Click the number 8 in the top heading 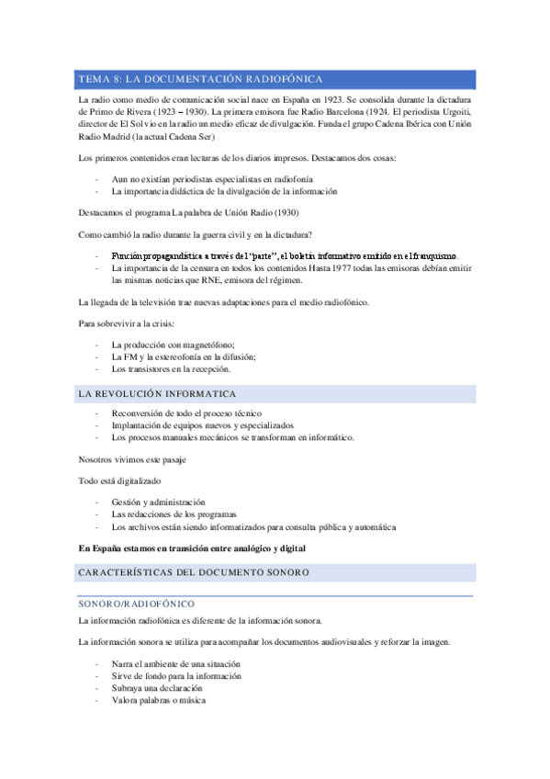pos(115,79)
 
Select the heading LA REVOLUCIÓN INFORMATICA pos(158,394)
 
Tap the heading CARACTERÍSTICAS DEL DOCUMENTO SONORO pos(195,572)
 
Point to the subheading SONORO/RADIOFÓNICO pos(136,604)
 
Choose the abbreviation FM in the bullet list pos(130,356)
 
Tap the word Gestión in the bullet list pos(128,502)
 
